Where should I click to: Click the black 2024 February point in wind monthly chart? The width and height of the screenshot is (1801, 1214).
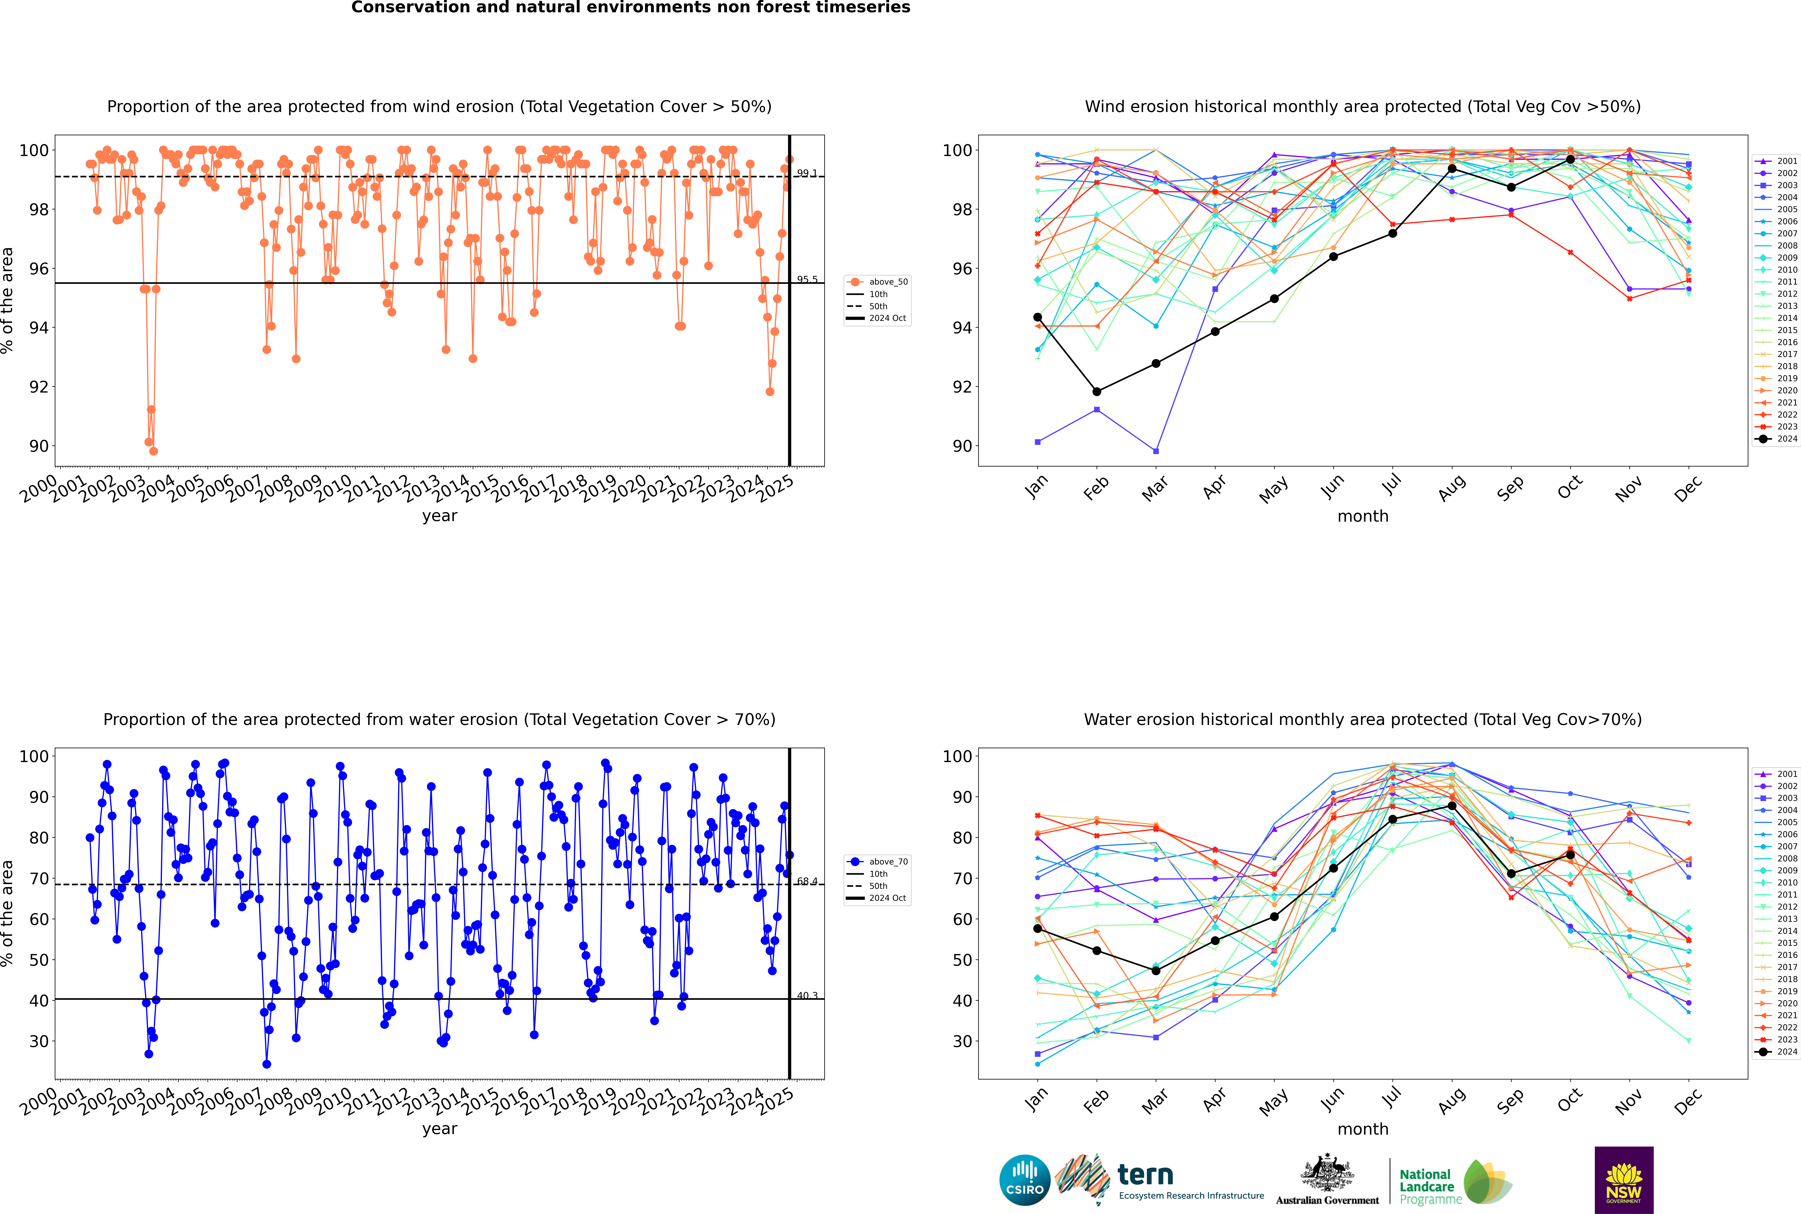click(1096, 392)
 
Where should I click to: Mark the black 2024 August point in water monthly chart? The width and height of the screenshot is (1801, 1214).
click(1452, 806)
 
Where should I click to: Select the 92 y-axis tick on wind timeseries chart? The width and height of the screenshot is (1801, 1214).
click(39, 387)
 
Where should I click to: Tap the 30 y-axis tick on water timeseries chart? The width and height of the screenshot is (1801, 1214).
click(39, 1041)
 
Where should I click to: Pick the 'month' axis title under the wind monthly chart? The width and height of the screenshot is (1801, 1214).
click(1363, 516)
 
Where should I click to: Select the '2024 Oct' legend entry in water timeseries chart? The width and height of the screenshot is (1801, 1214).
click(887, 898)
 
